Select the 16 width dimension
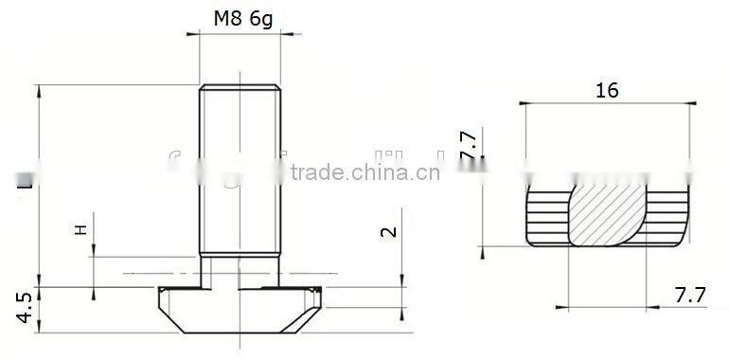tap(607, 91)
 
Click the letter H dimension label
tap(80, 229)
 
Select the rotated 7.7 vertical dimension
tap(467, 143)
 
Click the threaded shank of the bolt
tap(240, 171)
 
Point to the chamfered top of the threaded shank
tap(240, 88)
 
